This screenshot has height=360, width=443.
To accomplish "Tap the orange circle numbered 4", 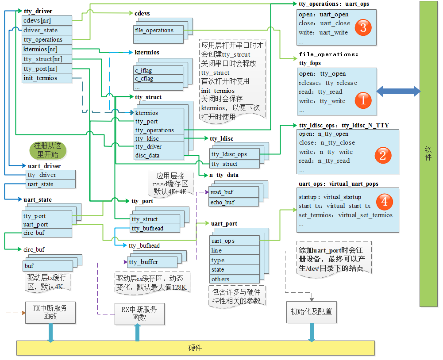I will tap(384, 202).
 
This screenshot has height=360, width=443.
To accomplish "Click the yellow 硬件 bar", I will tap(195, 348).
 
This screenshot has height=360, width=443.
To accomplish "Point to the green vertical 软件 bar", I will tap(428, 153).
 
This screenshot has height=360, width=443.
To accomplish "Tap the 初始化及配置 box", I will tap(311, 312).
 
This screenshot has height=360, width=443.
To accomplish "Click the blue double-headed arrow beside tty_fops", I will tap(398, 92).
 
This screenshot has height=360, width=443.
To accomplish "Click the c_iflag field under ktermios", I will tap(158, 70).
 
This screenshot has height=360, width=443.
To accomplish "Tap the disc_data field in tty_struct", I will tap(159, 155).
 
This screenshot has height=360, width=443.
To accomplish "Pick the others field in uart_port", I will tap(234, 279).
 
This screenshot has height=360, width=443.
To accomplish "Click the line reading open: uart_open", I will tap(324, 15).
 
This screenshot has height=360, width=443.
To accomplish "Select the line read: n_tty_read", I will tap(324, 161).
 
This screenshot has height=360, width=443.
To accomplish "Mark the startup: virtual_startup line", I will tap(330, 197).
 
